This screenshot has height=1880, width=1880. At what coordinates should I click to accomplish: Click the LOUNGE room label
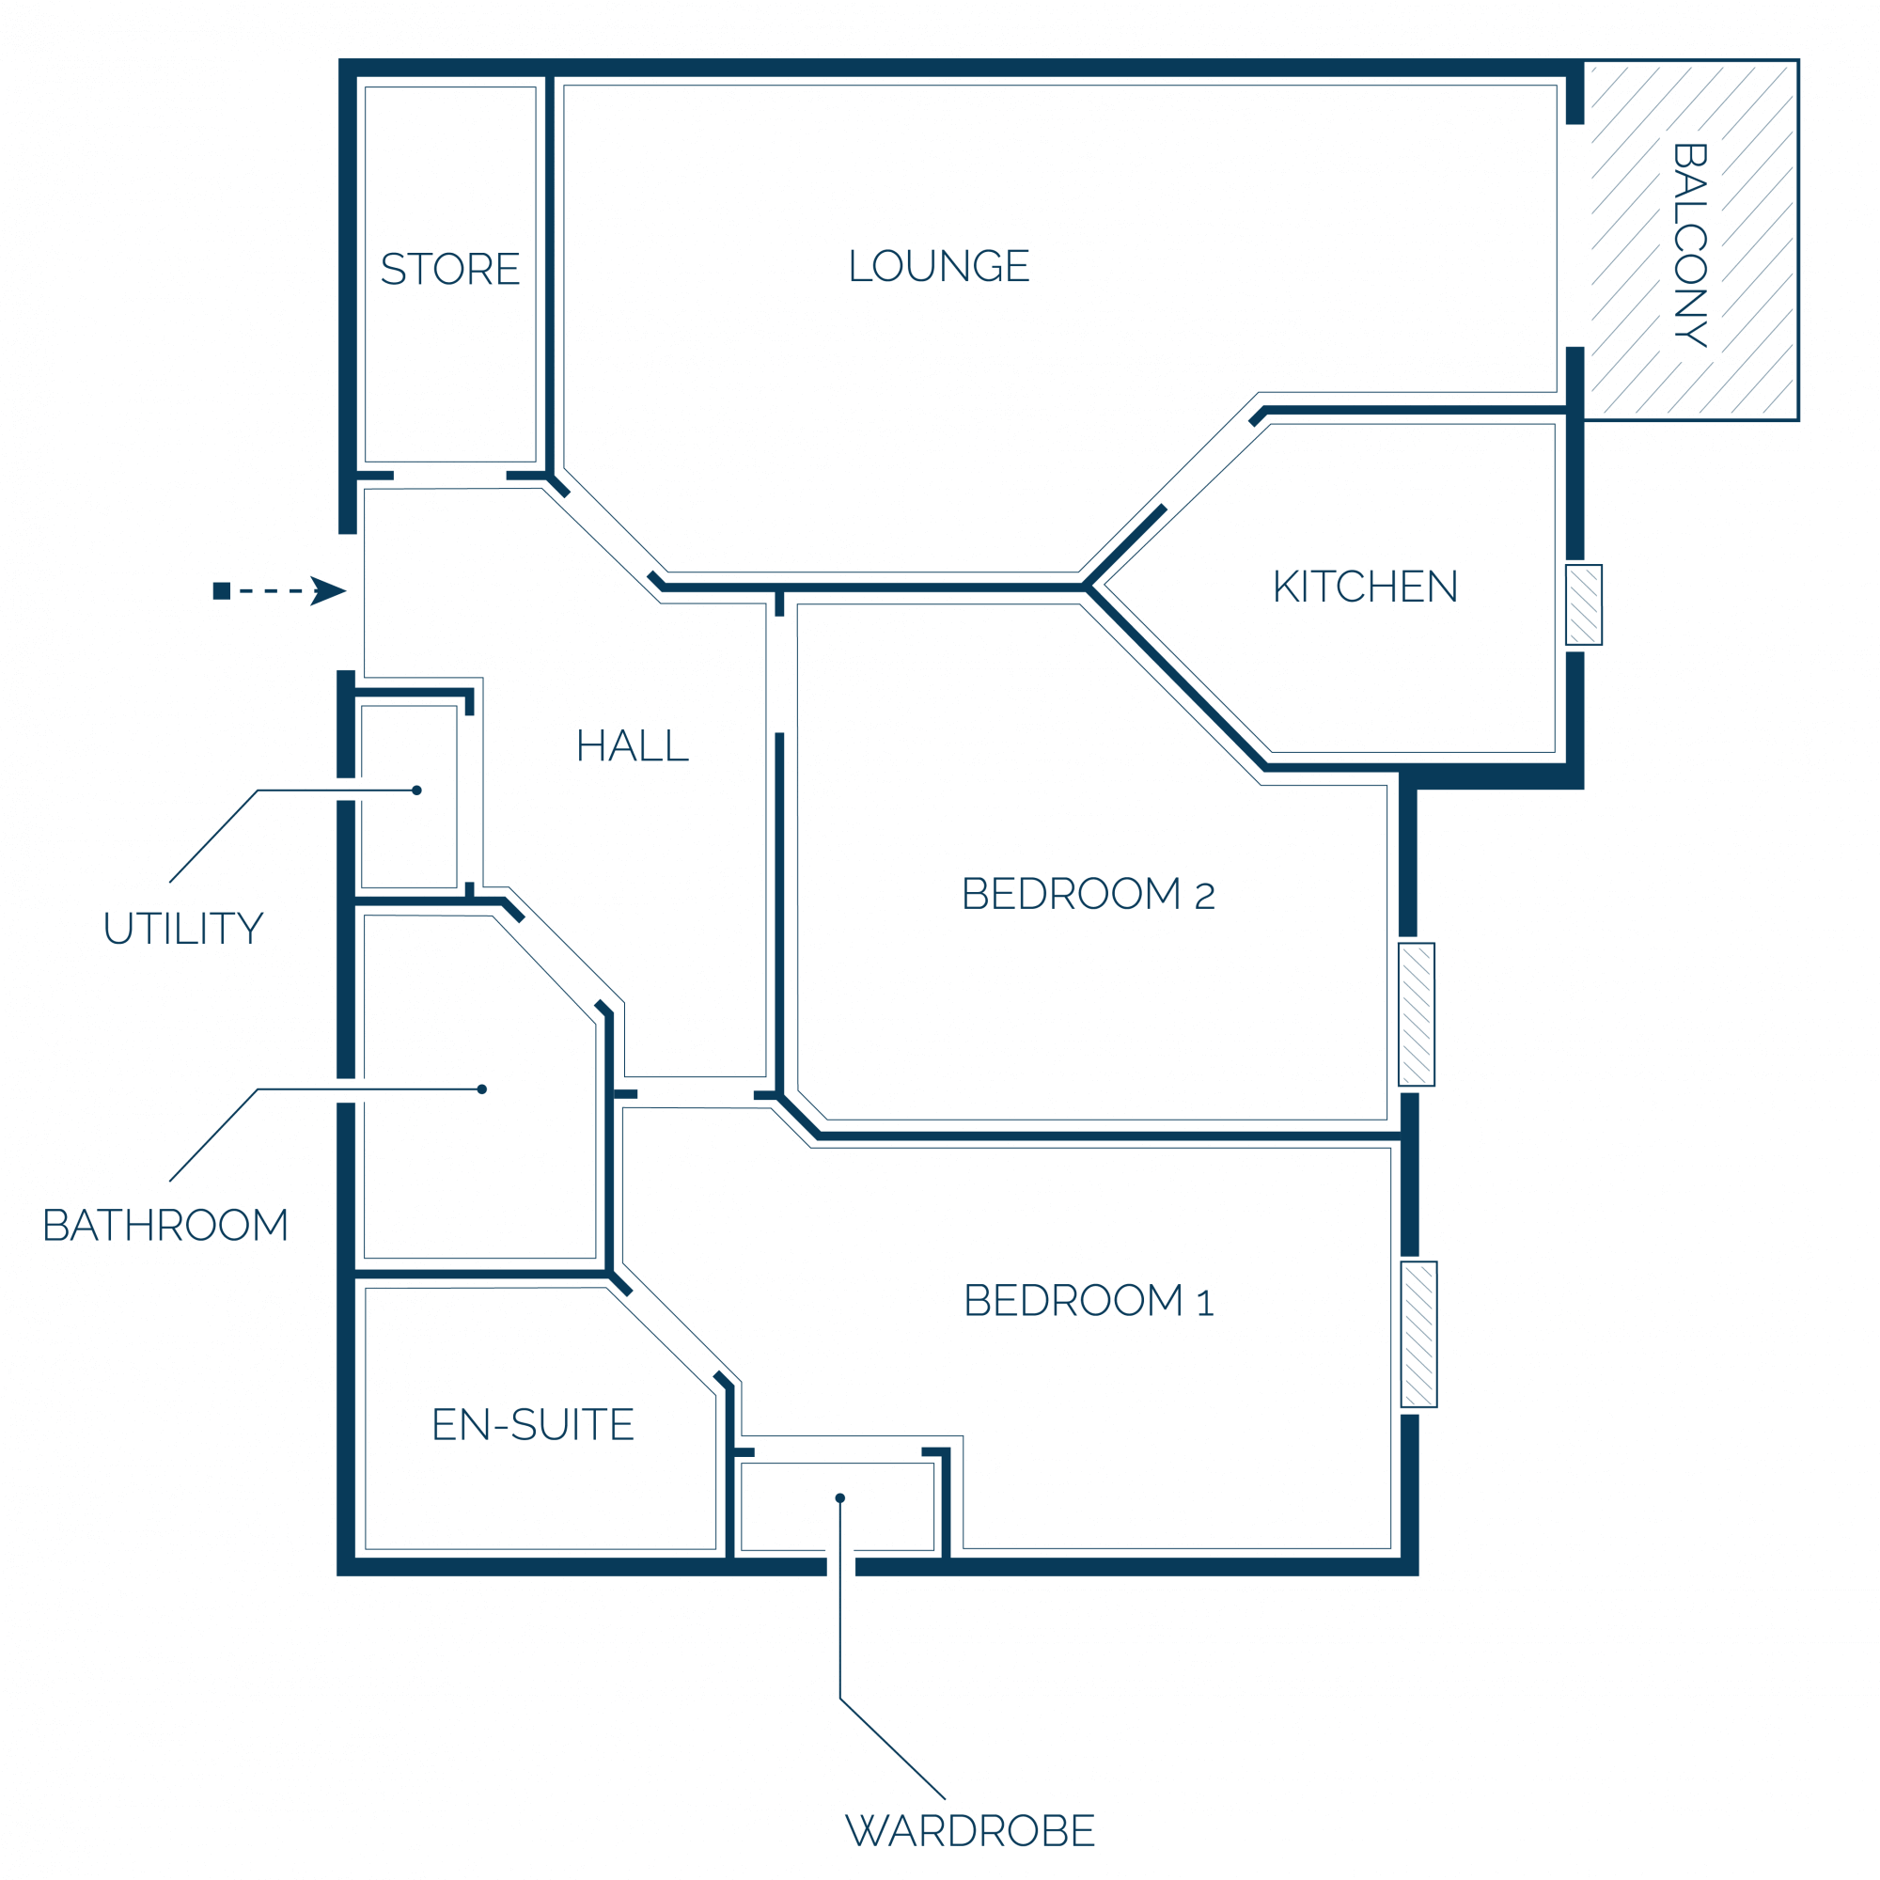939,266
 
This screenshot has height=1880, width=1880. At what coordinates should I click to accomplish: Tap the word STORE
450,270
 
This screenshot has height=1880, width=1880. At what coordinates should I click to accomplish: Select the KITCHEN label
1365,587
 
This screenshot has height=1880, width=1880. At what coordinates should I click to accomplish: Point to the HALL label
633,746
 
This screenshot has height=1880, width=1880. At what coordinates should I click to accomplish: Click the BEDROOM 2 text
1088,894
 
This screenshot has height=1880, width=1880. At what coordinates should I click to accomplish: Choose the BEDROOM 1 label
1089,1301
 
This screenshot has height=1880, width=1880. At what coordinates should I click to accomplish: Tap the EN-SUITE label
533,1426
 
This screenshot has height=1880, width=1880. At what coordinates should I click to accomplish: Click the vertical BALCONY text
1690,245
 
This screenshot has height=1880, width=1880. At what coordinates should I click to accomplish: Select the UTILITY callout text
184,930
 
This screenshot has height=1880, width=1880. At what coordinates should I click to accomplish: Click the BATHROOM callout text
165,1226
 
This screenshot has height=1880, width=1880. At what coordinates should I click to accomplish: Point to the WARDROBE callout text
970,1831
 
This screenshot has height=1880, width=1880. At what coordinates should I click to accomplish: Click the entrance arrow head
328,590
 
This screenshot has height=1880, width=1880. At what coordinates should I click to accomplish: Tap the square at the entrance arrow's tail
222,590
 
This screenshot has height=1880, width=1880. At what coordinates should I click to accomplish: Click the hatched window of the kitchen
1584,605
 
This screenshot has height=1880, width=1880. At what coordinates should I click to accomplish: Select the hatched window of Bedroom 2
1417,1014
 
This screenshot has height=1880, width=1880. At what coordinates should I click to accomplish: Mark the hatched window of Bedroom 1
1418,1334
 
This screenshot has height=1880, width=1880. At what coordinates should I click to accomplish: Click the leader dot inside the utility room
416,791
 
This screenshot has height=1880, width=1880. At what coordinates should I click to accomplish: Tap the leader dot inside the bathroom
481,1089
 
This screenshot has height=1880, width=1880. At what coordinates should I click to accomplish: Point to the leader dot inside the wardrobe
839,1497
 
